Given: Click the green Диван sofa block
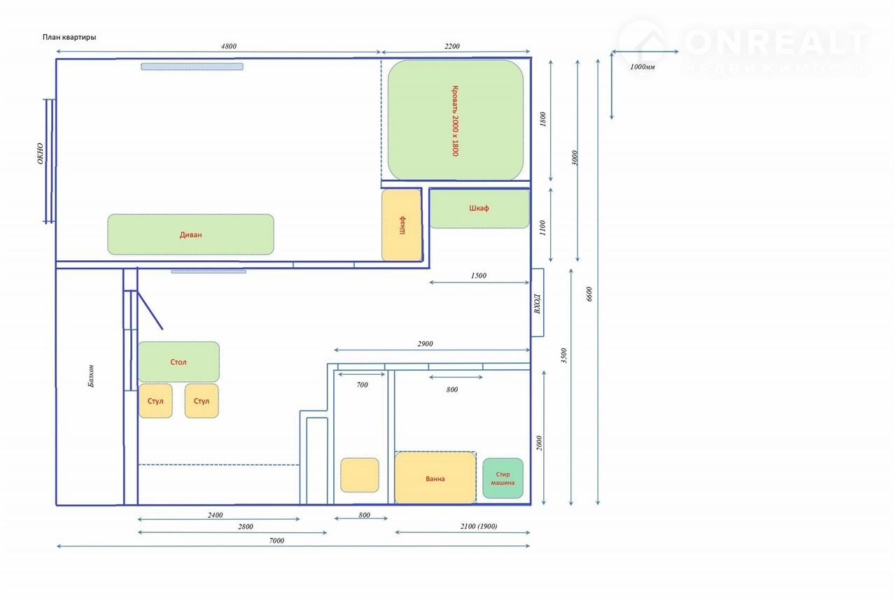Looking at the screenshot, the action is (x=190, y=234).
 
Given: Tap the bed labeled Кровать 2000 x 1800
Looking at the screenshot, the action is (x=456, y=120).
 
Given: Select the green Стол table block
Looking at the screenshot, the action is (x=178, y=362).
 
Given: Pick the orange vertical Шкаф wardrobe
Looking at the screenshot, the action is (x=402, y=225).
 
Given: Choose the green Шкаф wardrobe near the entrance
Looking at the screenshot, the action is (x=479, y=208).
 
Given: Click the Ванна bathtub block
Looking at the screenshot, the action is (x=435, y=478).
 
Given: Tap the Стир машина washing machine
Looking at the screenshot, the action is (x=503, y=478).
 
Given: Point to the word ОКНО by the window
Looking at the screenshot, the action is (x=40, y=153).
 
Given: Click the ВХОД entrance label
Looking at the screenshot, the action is (x=537, y=304).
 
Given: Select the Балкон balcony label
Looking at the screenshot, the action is (x=91, y=376).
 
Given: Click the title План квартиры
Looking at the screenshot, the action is (x=69, y=37).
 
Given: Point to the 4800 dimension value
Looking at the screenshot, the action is (x=229, y=46).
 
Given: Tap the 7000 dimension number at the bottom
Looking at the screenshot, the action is (x=276, y=541).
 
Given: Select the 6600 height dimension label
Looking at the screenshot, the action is (x=589, y=294).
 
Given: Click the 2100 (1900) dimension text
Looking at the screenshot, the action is (x=479, y=526).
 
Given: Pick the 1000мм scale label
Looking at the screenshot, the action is (x=643, y=66).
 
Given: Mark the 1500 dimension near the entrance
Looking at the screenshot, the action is (x=478, y=276).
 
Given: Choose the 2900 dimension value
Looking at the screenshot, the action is (x=425, y=344).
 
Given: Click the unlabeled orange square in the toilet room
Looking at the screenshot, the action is (x=360, y=475).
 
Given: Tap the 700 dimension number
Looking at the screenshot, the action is (x=362, y=385).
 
